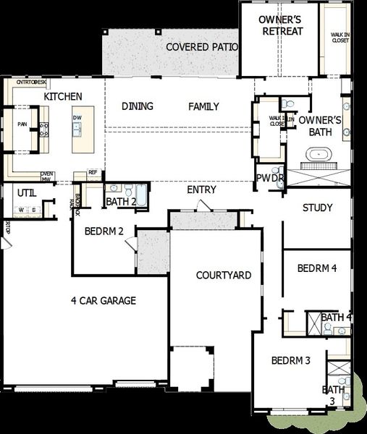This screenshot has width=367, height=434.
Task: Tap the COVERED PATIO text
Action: point(202,47)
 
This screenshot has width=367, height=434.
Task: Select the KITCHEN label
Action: point(63,96)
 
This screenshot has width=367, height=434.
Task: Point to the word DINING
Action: point(138,106)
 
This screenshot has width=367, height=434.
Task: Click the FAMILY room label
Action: point(203,106)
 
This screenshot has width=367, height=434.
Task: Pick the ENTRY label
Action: point(201,190)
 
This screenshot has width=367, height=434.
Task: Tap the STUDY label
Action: point(317,208)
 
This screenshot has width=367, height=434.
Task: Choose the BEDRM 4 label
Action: point(317,268)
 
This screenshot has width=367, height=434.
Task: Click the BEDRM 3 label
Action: point(291,360)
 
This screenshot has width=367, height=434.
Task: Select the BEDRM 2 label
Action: point(104,231)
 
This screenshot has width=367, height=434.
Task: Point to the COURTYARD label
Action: point(224,276)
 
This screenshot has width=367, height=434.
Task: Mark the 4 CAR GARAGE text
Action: point(104,300)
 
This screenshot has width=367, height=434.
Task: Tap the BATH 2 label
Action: point(120,201)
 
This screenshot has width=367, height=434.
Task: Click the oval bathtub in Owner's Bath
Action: point(319,154)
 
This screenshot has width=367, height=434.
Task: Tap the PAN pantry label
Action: point(22,124)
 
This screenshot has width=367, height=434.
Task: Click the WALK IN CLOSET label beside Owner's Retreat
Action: point(339,37)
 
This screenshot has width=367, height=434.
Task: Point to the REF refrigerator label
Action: point(93,172)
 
